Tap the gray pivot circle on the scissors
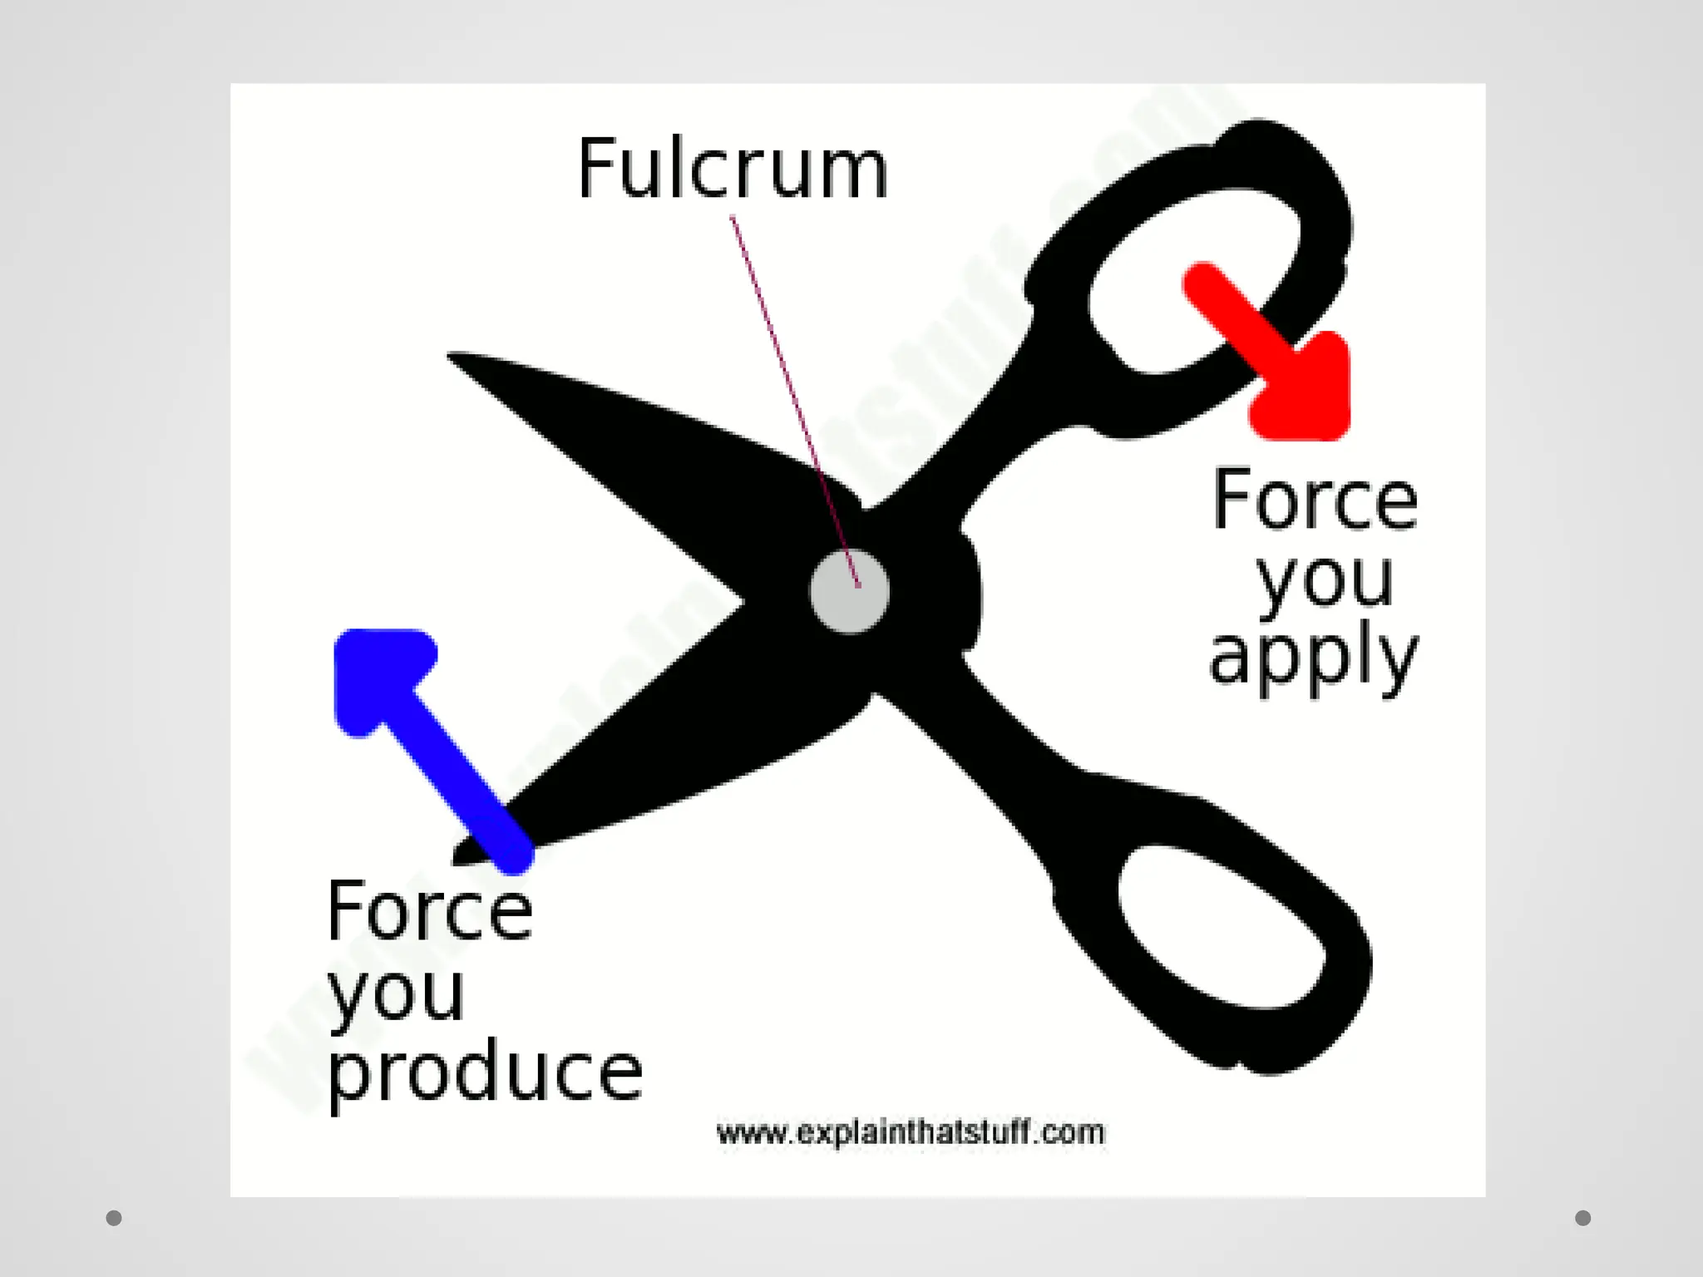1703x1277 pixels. click(x=849, y=592)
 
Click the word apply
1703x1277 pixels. click(x=1313, y=661)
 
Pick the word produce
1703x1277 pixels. click(x=485, y=1072)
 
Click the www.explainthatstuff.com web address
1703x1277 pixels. click(x=911, y=1132)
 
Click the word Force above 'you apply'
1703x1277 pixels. click(x=1315, y=500)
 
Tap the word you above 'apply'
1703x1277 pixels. click(x=1325, y=580)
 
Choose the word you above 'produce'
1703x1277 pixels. click(x=396, y=994)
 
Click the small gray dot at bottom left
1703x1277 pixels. click(x=114, y=1218)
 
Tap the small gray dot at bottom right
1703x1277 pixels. click(x=1583, y=1218)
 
